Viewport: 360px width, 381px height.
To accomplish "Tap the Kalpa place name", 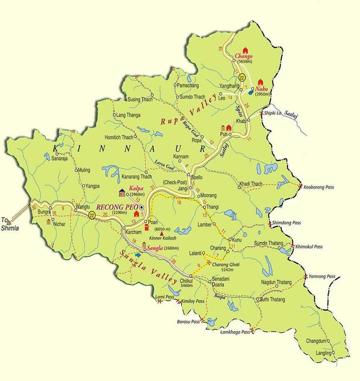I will (x=136, y=188).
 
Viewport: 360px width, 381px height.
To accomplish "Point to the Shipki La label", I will (x=272, y=113).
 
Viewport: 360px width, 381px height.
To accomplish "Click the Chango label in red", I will (x=243, y=56).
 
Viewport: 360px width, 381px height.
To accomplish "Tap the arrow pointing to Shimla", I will (x=9, y=222).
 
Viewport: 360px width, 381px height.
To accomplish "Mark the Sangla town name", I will (x=155, y=248).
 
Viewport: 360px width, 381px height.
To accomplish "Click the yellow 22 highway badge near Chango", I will (x=242, y=77).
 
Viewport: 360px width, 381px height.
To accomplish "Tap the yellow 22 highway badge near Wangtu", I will (x=91, y=215).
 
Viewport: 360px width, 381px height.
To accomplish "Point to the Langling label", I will (x=323, y=353).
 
